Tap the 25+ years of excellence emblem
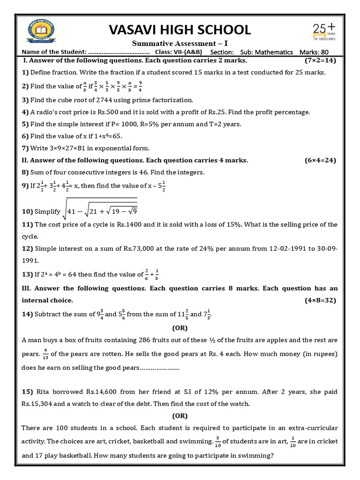pyautogui.click(x=324, y=33)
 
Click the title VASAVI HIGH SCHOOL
pyautogui.click(x=180, y=30)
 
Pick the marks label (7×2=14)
pyautogui.click(x=320, y=61)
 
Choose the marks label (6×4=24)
pyautogui.click(x=320, y=160)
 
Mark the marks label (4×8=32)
pyautogui.click(x=320, y=300)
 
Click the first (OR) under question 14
pyautogui.click(x=180, y=328)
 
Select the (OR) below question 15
pyautogui.click(x=180, y=415)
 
